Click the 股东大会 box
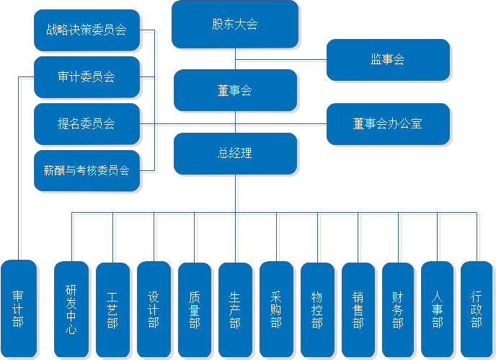235,25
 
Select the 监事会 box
388,60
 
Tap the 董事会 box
235,91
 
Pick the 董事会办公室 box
388,124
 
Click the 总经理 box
235,154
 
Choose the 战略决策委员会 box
87,30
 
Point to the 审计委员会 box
87,76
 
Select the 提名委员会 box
87,124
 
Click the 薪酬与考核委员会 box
87,171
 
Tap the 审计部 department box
18,309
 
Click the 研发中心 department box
71,309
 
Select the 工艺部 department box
112,309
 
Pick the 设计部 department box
153,309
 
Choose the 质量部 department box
194,309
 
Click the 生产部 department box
235,309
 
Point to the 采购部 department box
276,309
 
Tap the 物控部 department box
317,309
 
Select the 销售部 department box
358,309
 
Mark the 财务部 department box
398,309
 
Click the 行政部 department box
477,309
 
